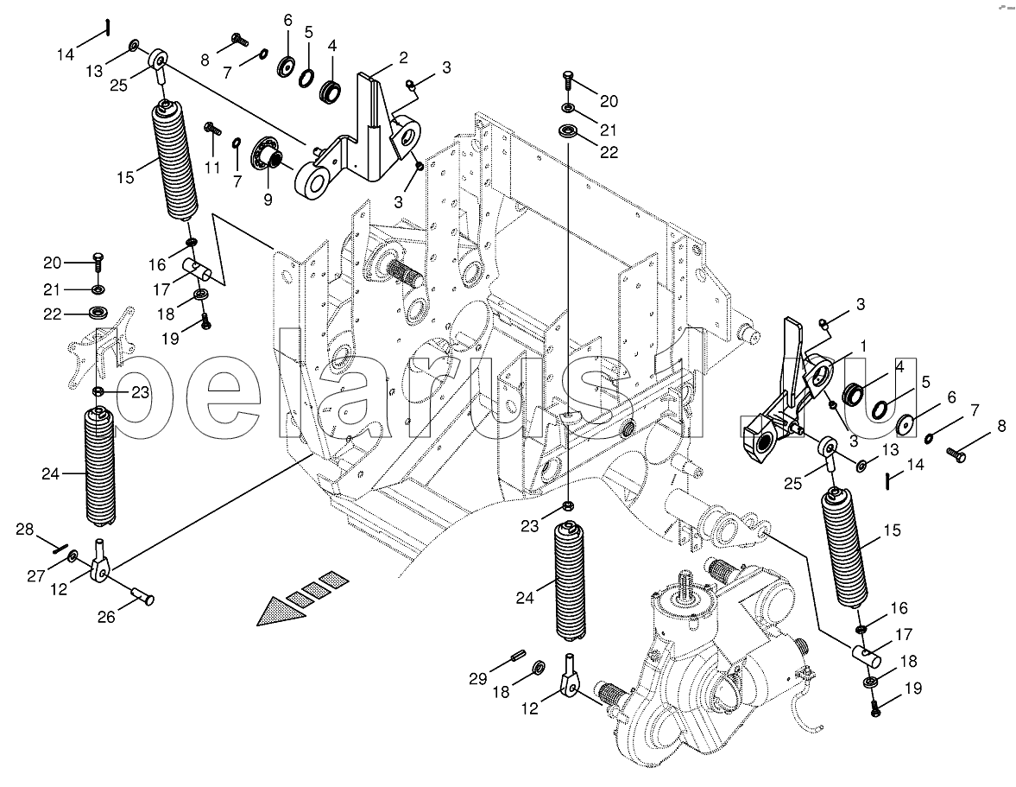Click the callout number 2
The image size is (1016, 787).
click(x=404, y=58)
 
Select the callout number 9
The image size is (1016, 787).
click(x=268, y=199)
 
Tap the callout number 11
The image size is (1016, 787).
click(x=212, y=168)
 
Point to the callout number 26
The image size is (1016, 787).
click(x=106, y=616)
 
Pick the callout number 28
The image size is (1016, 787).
click(x=25, y=530)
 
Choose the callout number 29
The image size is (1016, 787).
click(x=478, y=679)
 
